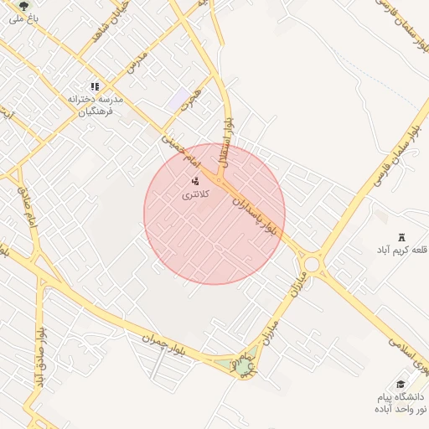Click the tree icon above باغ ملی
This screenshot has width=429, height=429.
tap(23, 5)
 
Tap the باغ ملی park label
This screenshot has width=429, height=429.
tap(23, 18)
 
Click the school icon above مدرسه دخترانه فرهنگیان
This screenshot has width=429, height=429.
tap(95, 85)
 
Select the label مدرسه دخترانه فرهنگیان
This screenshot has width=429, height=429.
tap(95, 104)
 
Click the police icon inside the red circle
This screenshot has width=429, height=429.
tap(195, 181)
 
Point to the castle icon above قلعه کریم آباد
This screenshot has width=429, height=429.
tap(401, 237)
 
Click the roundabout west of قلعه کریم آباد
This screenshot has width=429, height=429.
tap(313, 264)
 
